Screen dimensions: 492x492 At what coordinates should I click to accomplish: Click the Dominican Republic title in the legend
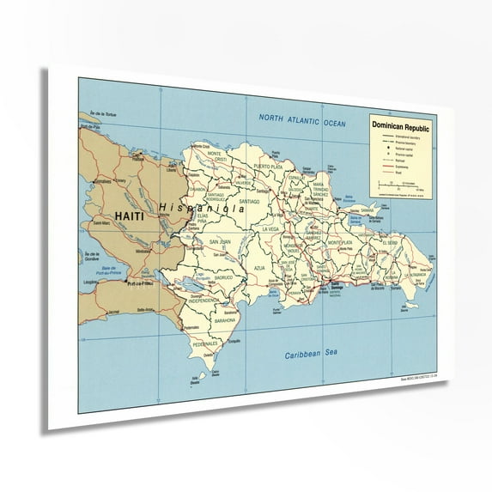[x=401, y=125]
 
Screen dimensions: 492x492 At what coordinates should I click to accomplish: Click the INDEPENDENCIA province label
[x=197, y=301]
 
